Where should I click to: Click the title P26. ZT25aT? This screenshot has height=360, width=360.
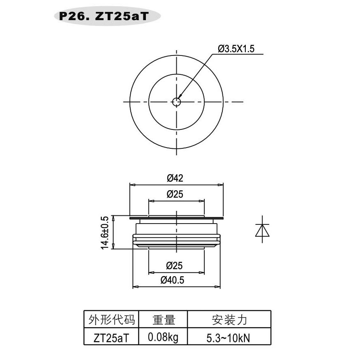click(104, 16)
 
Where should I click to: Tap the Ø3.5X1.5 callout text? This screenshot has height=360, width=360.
click(236, 49)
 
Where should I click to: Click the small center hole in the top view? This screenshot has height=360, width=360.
click(176, 102)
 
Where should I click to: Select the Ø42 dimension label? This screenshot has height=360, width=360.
click(175, 178)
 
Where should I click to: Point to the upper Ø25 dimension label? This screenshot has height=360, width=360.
click(175, 194)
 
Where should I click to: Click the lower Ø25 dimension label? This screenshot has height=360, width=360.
click(175, 265)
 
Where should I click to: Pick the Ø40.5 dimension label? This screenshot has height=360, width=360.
click(173, 280)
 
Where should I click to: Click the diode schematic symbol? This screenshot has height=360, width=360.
click(262, 229)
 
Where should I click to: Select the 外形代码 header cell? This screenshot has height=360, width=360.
click(112, 320)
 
